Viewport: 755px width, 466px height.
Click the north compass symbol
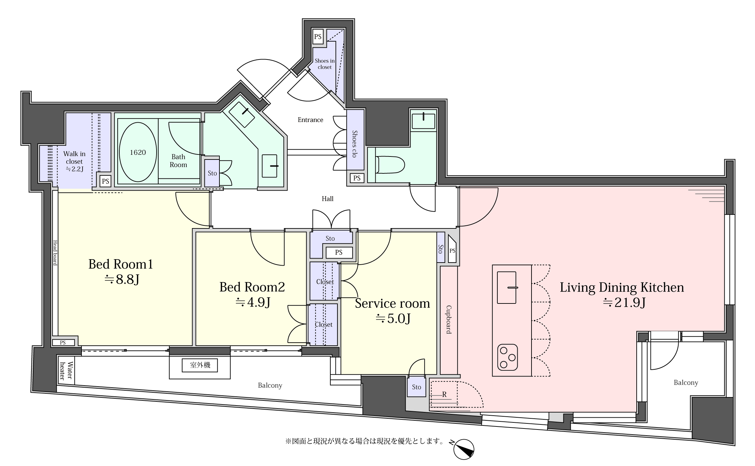[463, 449]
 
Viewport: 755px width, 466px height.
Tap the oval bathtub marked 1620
[138, 152]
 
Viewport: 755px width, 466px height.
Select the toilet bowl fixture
[390, 165]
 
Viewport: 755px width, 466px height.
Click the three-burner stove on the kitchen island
[508, 357]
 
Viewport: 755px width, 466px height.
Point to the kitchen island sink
[507, 288]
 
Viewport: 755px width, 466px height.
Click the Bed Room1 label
[121, 264]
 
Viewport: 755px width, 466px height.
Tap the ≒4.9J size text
[253, 302]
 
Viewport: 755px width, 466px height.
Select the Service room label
[392, 303]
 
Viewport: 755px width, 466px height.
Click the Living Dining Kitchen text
[622, 288]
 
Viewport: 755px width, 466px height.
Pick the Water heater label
[66, 371]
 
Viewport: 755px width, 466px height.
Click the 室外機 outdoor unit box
[200, 365]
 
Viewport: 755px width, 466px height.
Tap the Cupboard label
[449, 320]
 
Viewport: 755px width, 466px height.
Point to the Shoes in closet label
[325, 64]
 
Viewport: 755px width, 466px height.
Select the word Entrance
[310, 120]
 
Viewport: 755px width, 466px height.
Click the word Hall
[327, 199]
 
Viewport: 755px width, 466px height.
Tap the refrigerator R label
[444, 394]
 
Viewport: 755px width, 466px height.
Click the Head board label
[55, 253]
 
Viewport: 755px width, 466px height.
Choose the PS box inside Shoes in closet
[318, 36]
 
